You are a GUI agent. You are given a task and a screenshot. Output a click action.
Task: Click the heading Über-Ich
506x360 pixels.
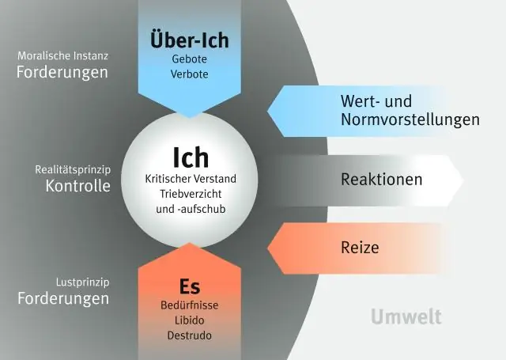click(189, 39)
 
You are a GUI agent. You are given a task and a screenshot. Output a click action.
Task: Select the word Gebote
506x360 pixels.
click(189, 59)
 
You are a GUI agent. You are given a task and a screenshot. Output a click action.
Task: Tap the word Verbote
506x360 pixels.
click(189, 74)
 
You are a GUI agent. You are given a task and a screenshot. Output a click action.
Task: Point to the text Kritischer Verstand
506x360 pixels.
click(191, 179)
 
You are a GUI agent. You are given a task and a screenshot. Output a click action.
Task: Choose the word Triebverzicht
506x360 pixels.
click(191, 195)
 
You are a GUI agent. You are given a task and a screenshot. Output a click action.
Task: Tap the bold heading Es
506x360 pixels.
click(189, 286)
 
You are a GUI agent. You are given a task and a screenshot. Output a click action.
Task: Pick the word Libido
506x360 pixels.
click(189, 320)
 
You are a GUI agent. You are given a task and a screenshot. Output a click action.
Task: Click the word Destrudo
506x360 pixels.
click(189, 335)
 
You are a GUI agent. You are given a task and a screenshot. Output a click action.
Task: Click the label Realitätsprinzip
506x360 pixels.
click(72, 169)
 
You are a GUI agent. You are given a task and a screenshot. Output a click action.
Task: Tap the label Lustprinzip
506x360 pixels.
click(82, 282)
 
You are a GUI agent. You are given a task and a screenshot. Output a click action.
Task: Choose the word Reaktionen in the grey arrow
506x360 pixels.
click(382, 180)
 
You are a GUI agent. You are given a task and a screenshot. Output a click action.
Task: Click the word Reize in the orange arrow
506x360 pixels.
click(360, 248)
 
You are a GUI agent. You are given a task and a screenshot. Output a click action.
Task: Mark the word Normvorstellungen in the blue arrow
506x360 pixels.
click(410, 120)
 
